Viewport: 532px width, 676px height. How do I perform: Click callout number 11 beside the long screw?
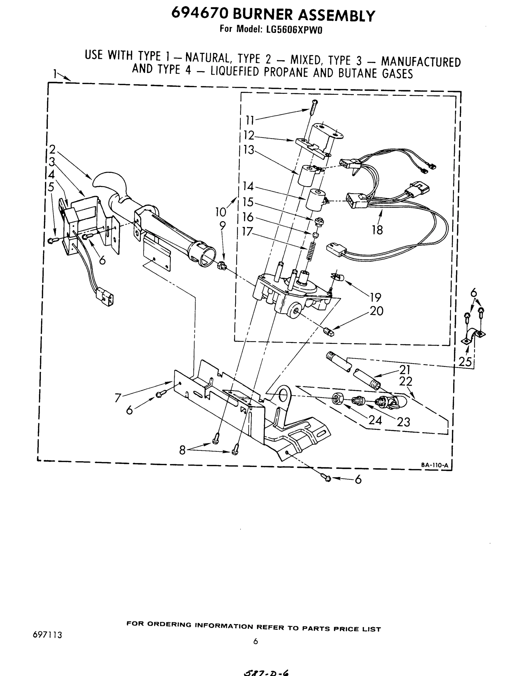click(x=250, y=120)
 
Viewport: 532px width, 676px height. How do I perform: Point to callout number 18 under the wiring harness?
click(x=377, y=230)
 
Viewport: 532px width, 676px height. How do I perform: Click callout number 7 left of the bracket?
click(x=118, y=398)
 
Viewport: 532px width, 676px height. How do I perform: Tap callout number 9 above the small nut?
click(x=222, y=226)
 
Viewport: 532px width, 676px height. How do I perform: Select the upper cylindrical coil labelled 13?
click(x=307, y=175)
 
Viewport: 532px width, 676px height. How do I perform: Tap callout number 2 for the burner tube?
click(x=52, y=149)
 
